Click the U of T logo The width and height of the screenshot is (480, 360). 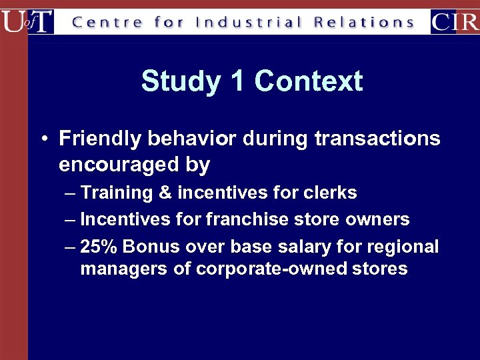click(27, 21)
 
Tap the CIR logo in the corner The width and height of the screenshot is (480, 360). click(455, 21)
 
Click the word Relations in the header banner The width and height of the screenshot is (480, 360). click(364, 22)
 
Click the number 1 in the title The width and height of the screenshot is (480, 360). click(237, 82)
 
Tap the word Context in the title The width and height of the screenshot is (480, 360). click(308, 82)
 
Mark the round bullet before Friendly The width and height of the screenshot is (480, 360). click(42, 139)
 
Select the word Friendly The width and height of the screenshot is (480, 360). click(100, 139)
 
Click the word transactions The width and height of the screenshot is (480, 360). click(377, 139)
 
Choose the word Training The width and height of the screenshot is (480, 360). click(117, 193)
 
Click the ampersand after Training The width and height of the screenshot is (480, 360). click(165, 193)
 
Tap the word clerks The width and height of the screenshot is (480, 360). click(331, 193)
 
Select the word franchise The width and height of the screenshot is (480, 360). click(247, 219)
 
